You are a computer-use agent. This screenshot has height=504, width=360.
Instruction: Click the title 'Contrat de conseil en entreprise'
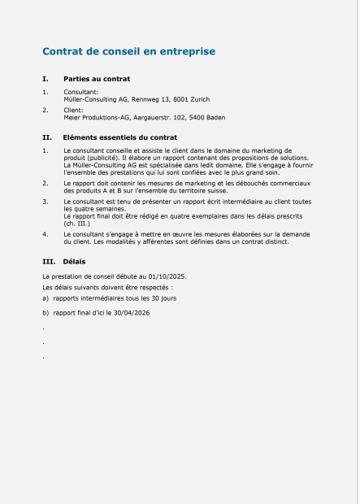point(128,51)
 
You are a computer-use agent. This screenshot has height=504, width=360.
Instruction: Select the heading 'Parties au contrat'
point(97,79)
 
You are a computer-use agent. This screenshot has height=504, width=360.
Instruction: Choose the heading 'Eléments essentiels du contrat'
point(119,138)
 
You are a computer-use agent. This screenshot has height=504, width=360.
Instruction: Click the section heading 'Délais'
point(74,262)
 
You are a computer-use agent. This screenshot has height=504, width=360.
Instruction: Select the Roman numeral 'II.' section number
point(47,138)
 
